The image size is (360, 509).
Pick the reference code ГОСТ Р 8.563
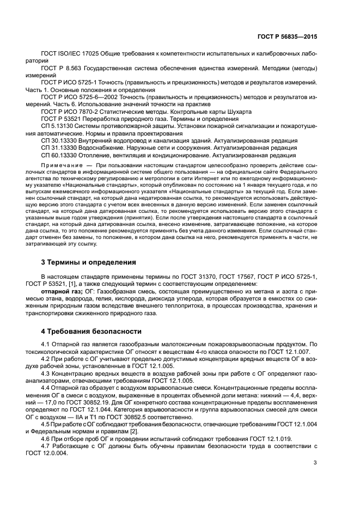point(62,69)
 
